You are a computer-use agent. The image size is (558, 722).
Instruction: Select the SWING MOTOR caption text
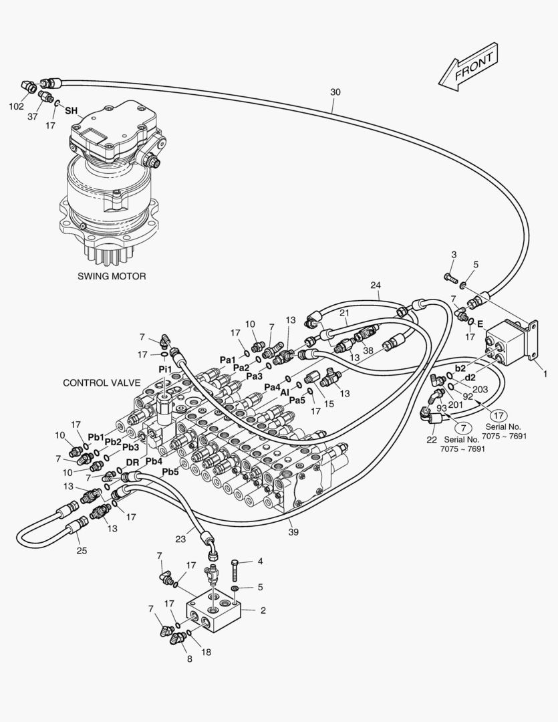pyautogui.click(x=111, y=275)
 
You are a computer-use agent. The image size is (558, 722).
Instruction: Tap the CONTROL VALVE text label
pyautogui.click(x=101, y=383)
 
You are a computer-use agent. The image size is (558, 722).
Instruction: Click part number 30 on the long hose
pyautogui.click(x=335, y=92)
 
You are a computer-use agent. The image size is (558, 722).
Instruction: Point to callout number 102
pyautogui.click(x=16, y=106)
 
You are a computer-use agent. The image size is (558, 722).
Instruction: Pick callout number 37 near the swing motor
pyautogui.click(x=33, y=116)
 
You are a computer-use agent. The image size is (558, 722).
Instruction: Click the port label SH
pyautogui.click(x=71, y=111)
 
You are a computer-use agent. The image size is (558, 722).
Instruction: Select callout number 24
pyautogui.click(x=376, y=285)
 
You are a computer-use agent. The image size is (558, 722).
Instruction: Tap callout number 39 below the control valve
pyautogui.click(x=293, y=532)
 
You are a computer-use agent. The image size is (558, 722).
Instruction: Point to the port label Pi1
pyautogui.click(x=164, y=369)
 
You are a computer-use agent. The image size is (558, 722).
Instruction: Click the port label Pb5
pyautogui.click(x=170, y=472)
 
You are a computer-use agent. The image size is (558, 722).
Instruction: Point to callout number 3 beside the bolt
pyautogui.click(x=453, y=255)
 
